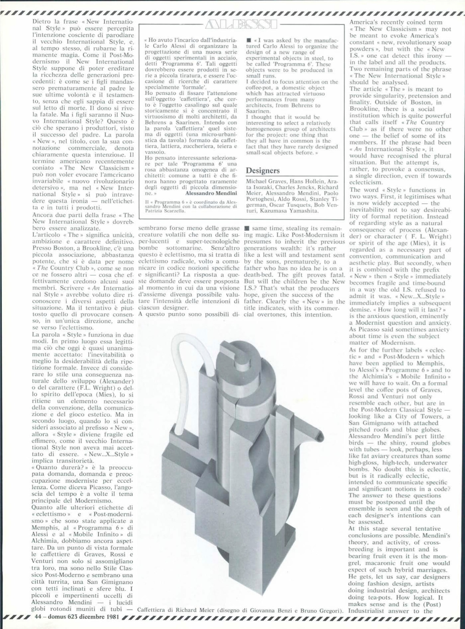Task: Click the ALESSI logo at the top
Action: (241, 24)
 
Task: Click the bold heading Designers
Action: (262, 170)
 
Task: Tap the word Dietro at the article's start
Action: (42, 22)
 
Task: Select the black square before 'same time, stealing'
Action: (246, 228)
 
